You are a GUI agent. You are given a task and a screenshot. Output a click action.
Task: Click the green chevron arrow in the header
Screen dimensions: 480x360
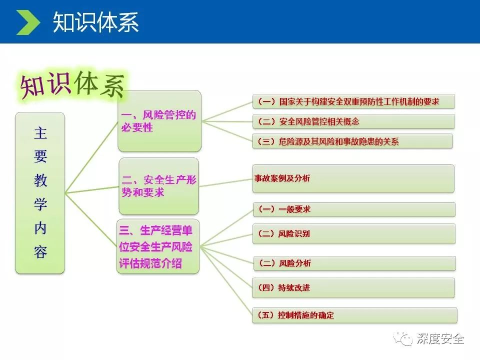coord(28,22)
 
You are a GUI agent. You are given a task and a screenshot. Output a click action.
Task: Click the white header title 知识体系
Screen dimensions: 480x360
coord(96,22)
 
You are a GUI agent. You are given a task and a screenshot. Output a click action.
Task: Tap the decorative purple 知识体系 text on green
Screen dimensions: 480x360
coord(72,84)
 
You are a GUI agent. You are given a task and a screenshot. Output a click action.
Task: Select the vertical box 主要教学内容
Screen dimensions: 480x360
coord(40,193)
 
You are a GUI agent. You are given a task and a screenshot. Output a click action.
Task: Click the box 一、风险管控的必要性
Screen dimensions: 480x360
coord(159,121)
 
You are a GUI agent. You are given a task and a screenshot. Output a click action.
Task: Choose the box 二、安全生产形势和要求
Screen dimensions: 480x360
coord(159,186)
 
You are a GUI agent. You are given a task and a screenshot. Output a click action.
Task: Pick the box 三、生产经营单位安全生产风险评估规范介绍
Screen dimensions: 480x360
coord(158,246)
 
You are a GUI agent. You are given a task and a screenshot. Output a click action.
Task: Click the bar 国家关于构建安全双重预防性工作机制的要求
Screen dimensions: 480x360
coord(353,101)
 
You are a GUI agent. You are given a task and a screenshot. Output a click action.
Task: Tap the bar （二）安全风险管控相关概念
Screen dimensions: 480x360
coord(353,121)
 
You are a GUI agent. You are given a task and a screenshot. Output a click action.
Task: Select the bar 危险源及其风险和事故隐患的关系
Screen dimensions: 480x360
coord(352,141)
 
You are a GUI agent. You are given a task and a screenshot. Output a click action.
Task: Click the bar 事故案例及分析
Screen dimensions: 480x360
coord(353,178)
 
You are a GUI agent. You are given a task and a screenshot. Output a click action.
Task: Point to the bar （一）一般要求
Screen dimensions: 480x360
coord(354,209)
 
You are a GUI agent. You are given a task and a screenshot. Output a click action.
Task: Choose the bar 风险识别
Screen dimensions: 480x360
coord(354,233)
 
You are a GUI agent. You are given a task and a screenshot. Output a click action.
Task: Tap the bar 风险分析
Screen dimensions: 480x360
coord(354,263)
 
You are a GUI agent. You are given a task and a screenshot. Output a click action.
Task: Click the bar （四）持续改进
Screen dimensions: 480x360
coord(353,288)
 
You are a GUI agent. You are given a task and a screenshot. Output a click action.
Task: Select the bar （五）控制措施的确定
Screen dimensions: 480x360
coord(355,315)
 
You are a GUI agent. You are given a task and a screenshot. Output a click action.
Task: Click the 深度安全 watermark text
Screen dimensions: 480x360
coord(440,339)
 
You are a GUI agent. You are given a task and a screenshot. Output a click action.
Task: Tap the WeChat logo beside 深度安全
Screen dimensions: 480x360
coord(403,339)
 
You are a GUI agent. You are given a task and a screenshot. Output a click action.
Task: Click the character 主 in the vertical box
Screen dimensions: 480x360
coord(40,133)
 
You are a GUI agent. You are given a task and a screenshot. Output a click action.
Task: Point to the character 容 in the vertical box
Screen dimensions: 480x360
coord(40,251)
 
